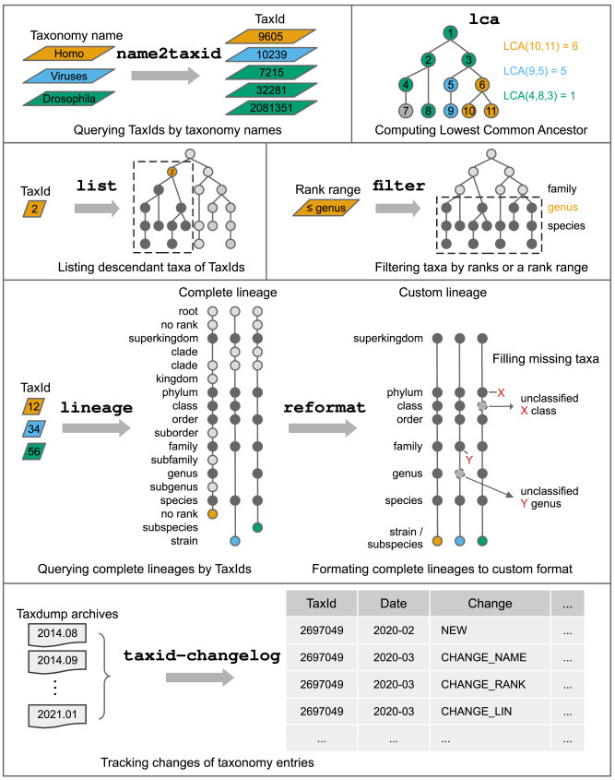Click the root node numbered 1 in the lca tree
(448, 34)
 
